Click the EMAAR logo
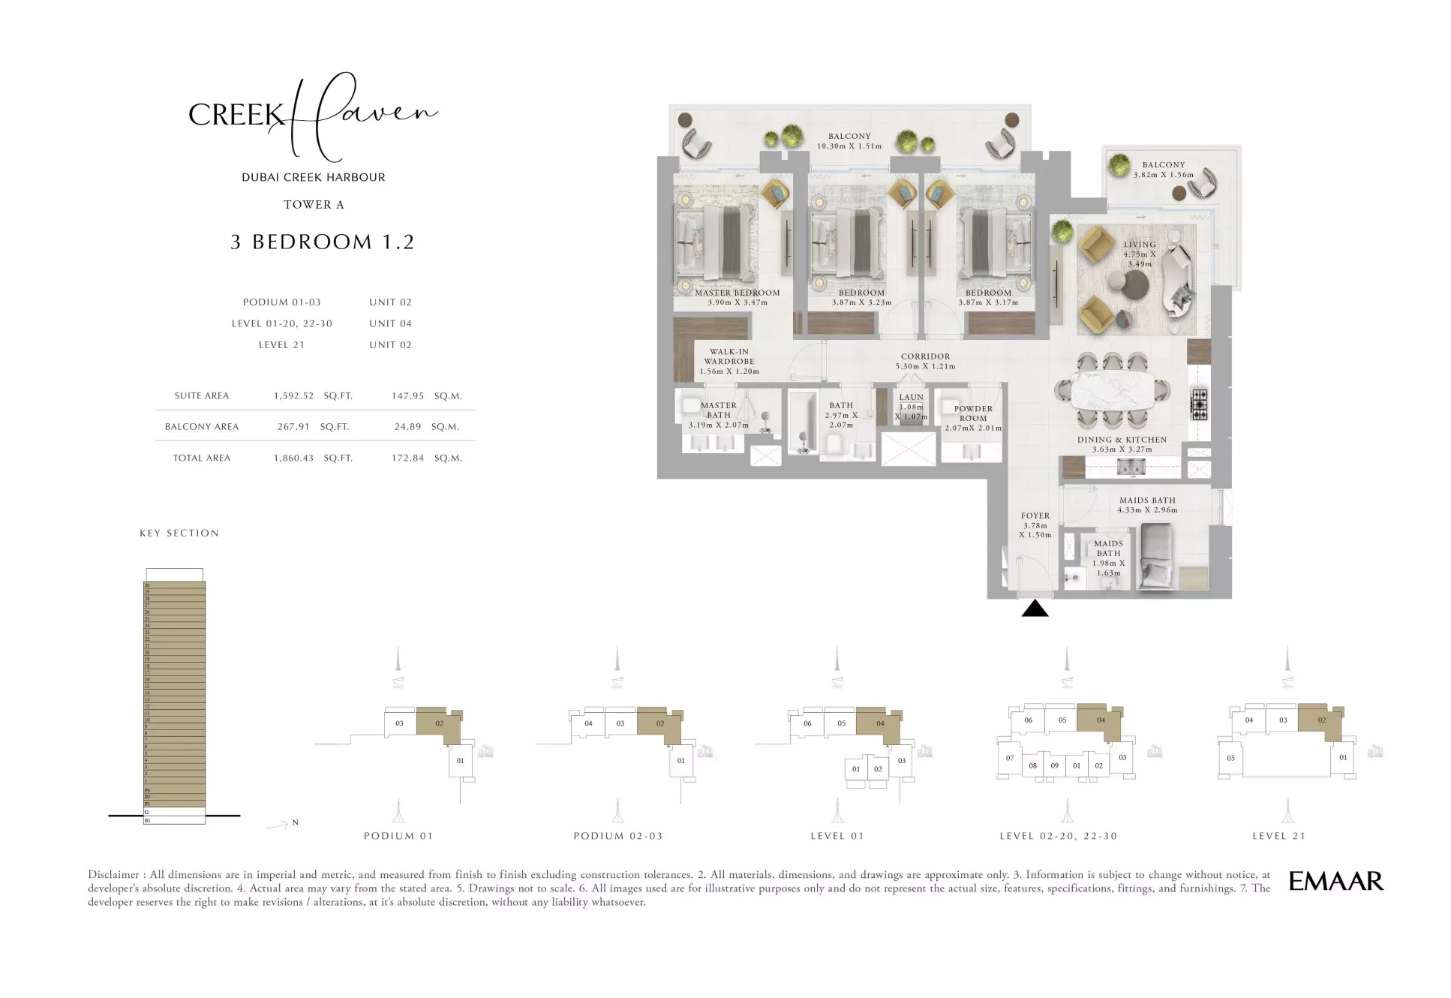[x=1335, y=881]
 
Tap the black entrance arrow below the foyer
[x=1034, y=609]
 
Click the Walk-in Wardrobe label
[x=729, y=361]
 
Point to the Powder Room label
[x=972, y=413]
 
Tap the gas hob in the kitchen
[x=1198, y=404]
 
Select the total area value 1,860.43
[x=293, y=458]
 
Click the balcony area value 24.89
[x=407, y=426]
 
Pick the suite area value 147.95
[x=407, y=395]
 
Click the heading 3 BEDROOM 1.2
[x=322, y=242]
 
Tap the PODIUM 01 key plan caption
[x=398, y=836]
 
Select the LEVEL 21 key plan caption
[x=1278, y=836]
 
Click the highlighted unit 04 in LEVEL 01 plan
[x=879, y=723]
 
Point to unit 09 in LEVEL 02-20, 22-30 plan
[x=1054, y=765]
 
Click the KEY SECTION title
[x=179, y=533]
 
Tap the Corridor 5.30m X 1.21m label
[x=925, y=362]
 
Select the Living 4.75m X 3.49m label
[x=1139, y=254]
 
